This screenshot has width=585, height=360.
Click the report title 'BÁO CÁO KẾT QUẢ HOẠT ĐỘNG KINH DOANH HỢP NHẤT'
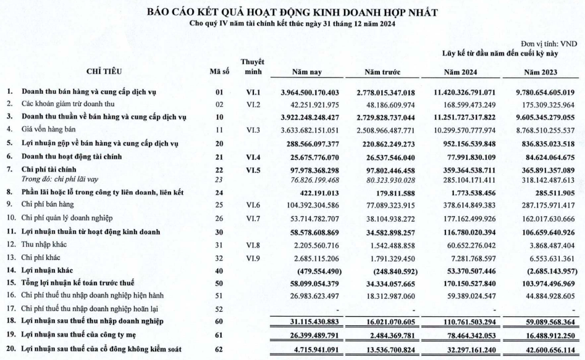[292, 12]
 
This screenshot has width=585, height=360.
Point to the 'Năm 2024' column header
[464, 72]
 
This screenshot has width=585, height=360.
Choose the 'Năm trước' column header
[385, 72]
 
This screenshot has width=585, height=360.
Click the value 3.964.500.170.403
[306, 92]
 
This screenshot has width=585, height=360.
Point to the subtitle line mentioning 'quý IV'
[292, 23]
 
